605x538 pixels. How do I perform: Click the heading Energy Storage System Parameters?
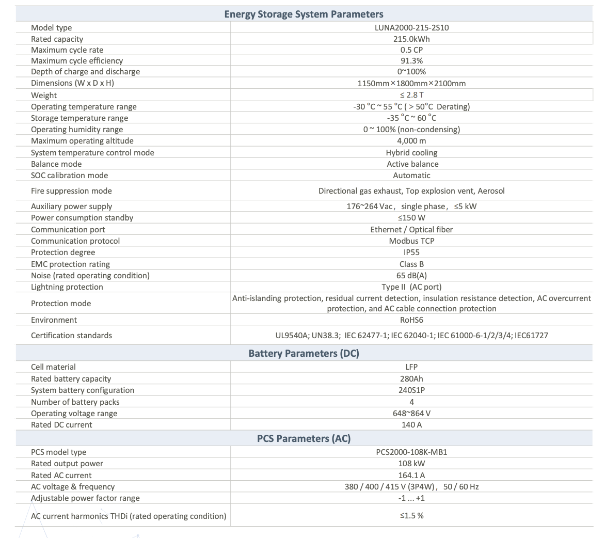[x=304, y=14]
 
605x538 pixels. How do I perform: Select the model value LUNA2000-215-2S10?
[x=411, y=27]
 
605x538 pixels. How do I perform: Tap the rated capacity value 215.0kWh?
[x=411, y=39]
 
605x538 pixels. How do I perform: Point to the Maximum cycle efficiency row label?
[x=77, y=61]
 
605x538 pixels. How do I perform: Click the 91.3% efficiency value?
[x=411, y=61]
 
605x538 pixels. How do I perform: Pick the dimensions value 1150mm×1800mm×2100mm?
[x=411, y=83]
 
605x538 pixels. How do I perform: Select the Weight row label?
[x=44, y=95]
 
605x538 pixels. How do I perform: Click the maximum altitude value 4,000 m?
[x=411, y=140]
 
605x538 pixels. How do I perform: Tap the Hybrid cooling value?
[x=411, y=152]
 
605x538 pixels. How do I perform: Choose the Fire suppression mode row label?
[x=71, y=191]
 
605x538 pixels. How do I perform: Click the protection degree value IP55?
[x=411, y=252]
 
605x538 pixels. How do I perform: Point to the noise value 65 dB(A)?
[x=411, y=275]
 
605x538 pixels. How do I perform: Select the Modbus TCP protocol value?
[x=411, y=241]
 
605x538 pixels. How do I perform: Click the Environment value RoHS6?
[x=411, y=320]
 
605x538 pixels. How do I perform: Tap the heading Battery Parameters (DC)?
[x=304, y=353]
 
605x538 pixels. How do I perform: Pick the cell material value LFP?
[x=411, y=367]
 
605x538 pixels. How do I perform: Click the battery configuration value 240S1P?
[x=411, y=390]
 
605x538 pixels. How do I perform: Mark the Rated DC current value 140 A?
[x=411, y=424]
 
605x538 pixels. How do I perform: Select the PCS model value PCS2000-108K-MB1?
[x=411, y=452]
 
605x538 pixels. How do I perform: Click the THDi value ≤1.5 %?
[x=411, y=515]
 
